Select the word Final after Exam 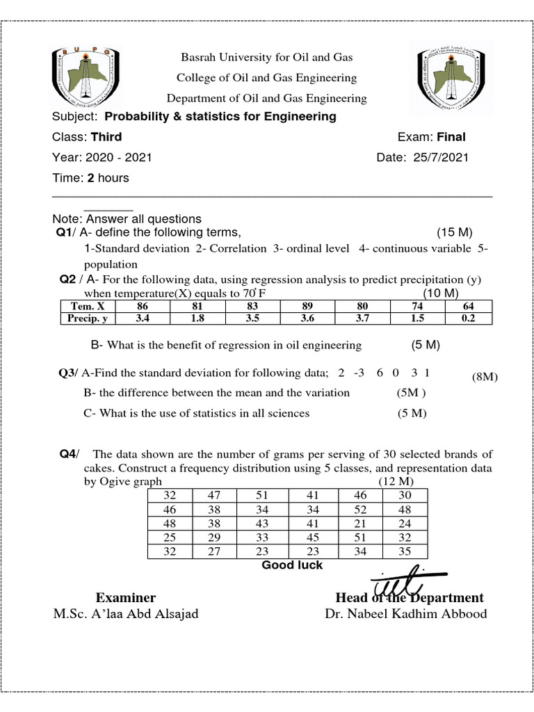[x=451, y=137]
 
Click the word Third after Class [x=106, y=137]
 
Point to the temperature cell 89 [x=307, y=306]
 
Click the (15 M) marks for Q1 [x=455, y=232]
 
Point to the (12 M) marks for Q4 [x=396, y=481]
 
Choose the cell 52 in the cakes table [x=359, y=509]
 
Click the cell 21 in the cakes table [x=359, y=524]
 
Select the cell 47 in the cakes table [x=213, y=495]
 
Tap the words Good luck [x=292, y=565]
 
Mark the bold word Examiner [x=126, y=598]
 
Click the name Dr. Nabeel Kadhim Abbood [x=406, y=614]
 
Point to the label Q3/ [x=69, y=373]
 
